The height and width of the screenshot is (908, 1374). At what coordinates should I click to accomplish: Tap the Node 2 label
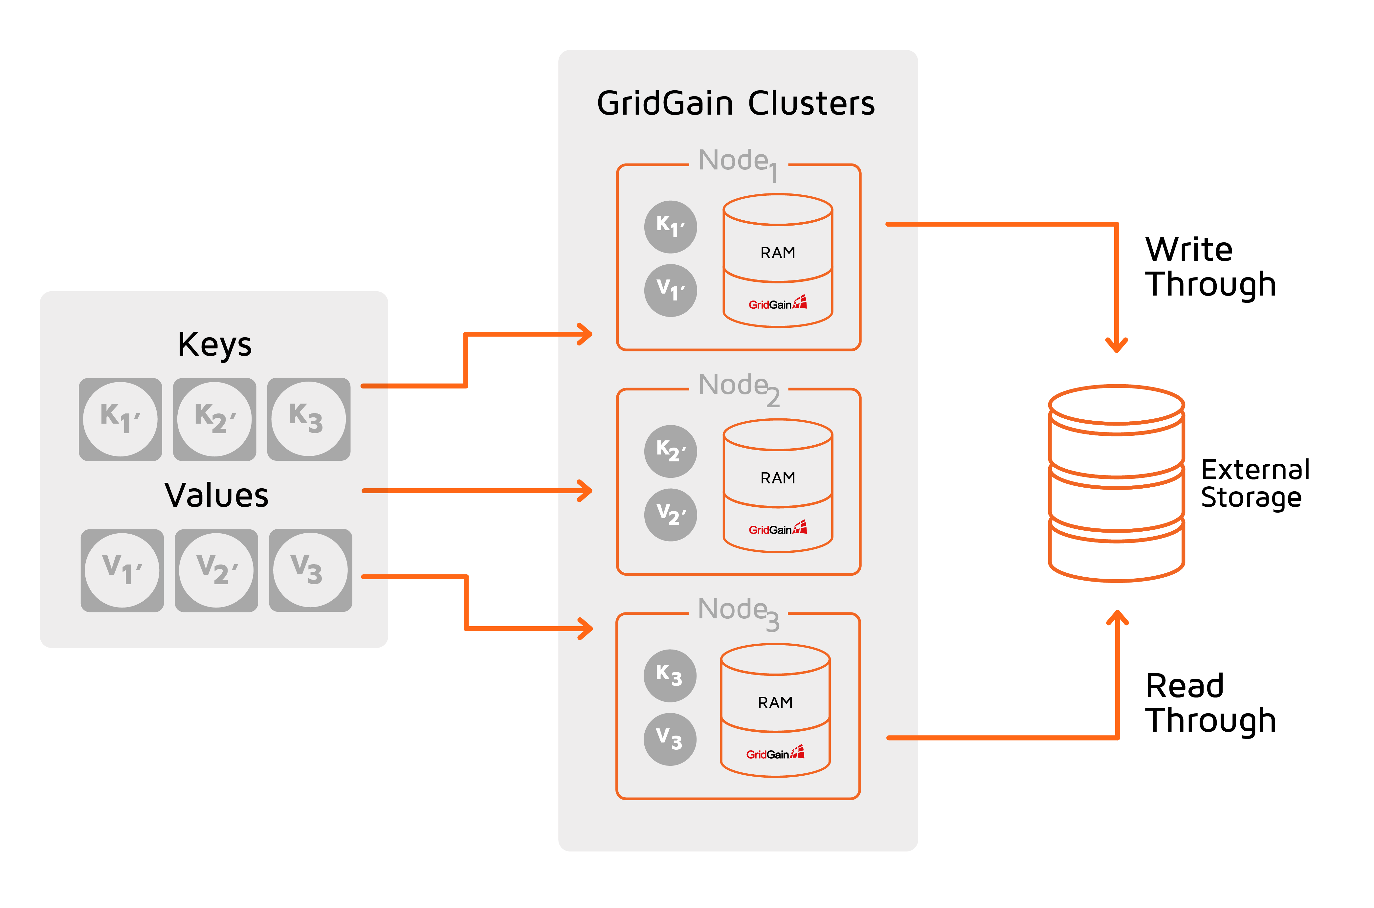coord(738,387)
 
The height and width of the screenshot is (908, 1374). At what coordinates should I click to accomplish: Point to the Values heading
coord(216,496)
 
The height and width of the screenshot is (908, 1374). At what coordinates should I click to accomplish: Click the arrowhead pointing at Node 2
coord(586,491)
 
